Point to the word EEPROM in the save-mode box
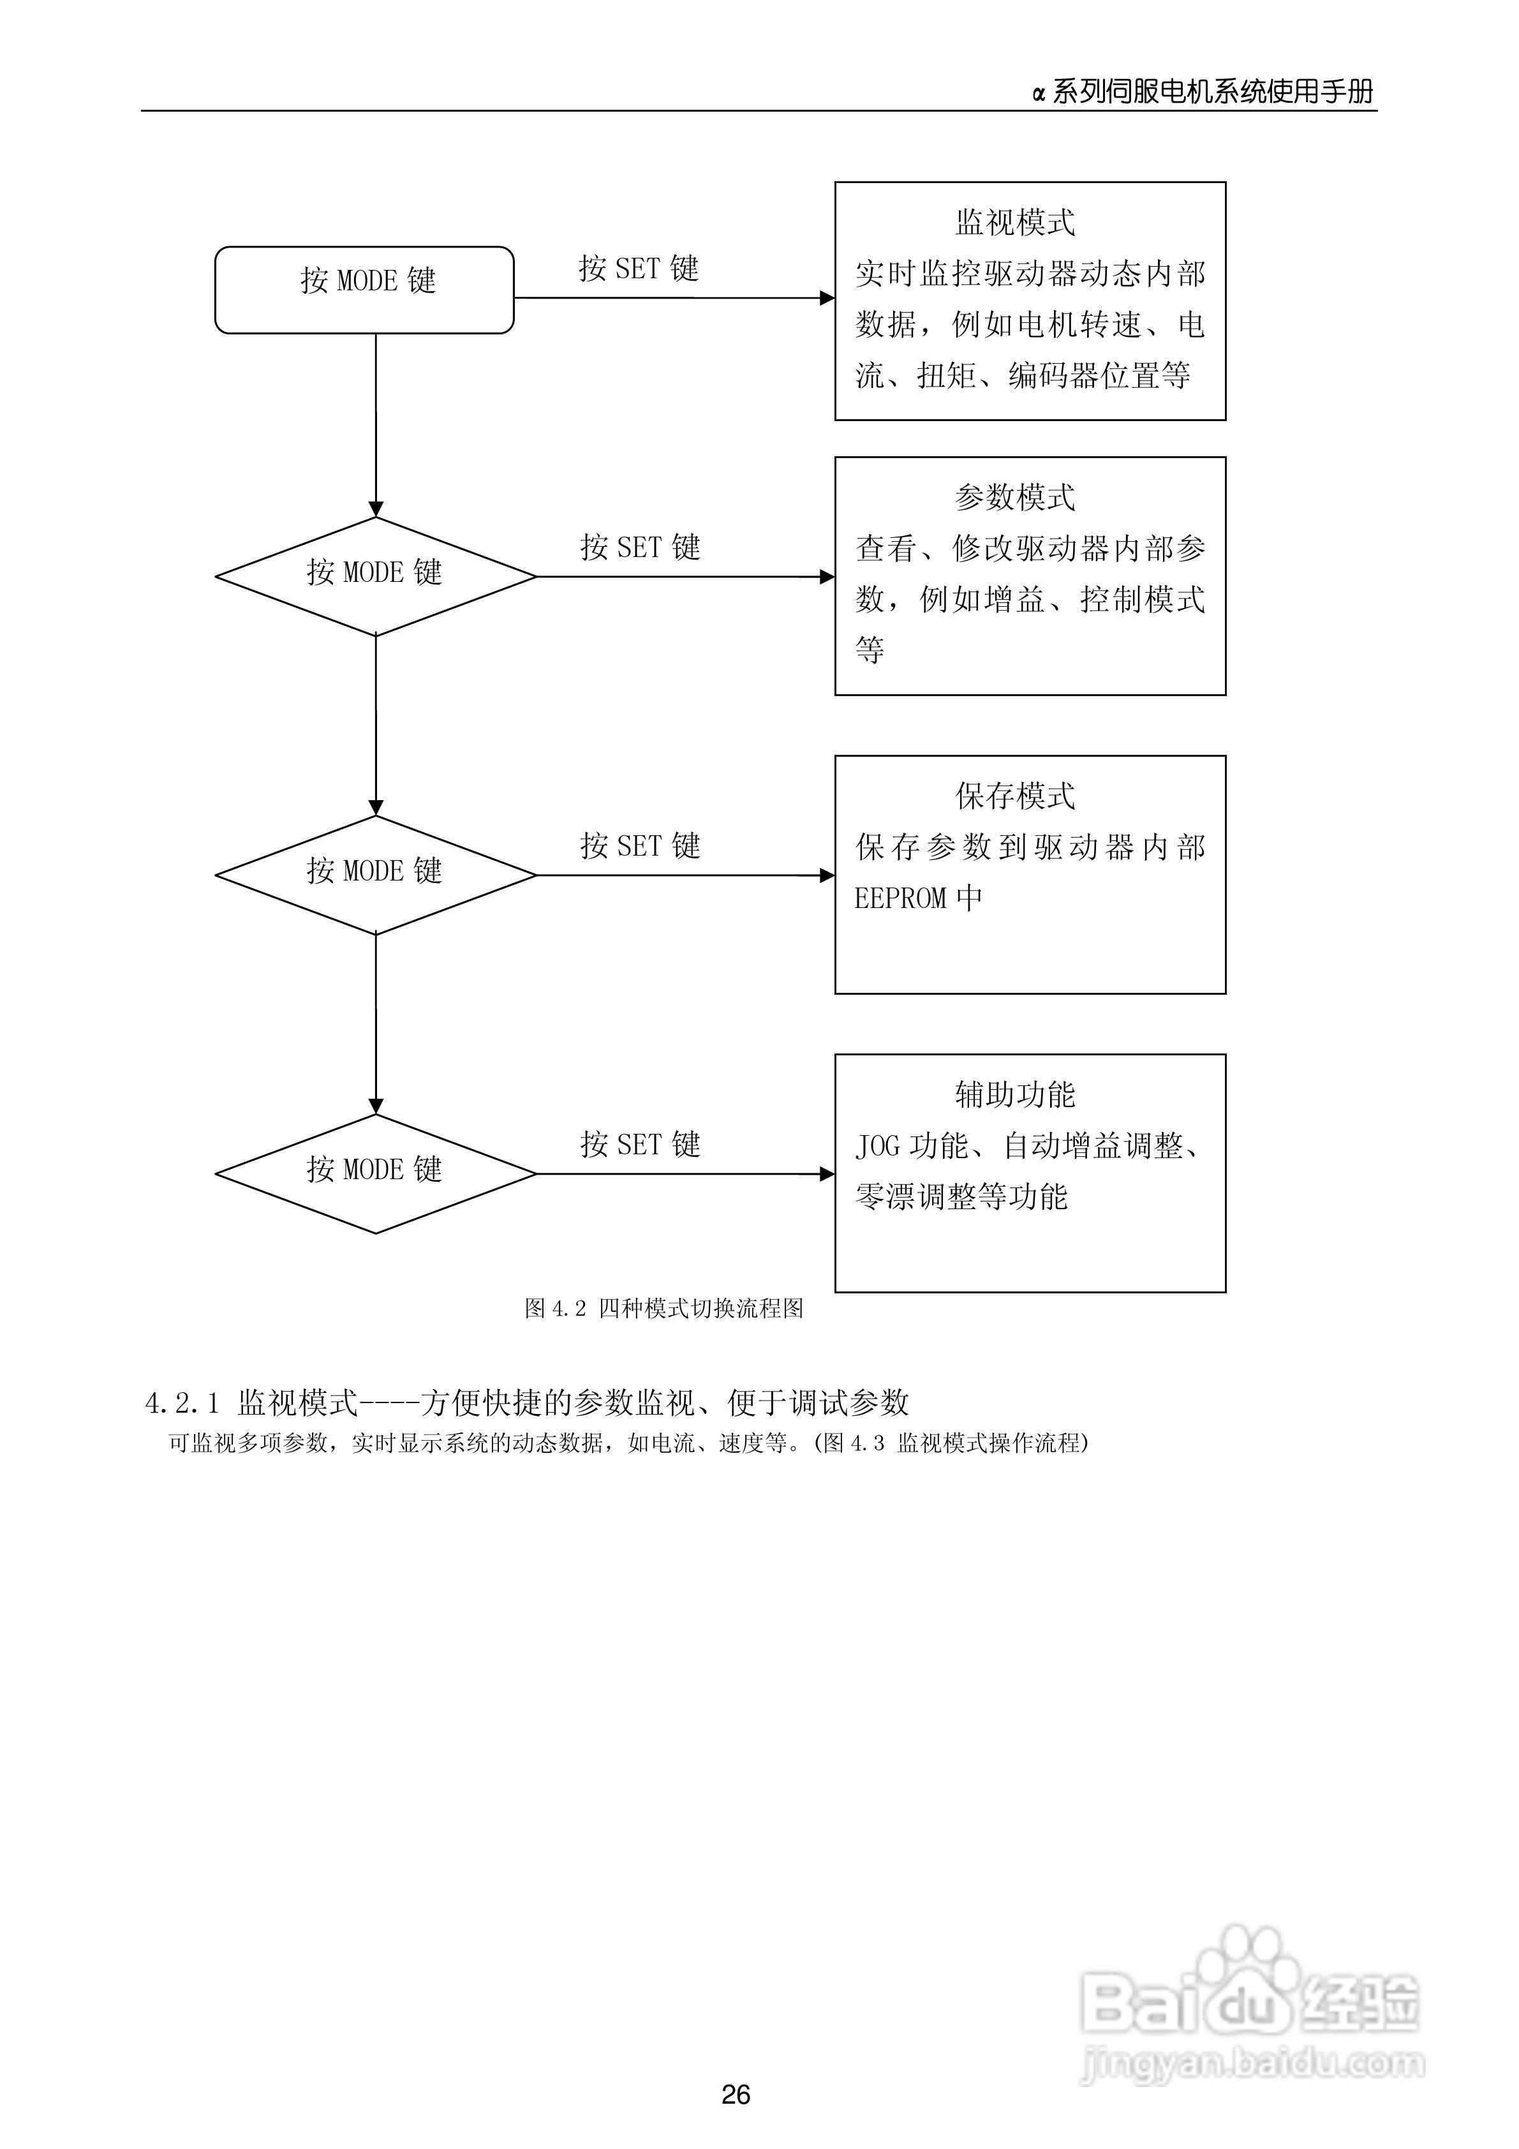900,898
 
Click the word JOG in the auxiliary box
877,1145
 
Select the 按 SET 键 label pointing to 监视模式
639,269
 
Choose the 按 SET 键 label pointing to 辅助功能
640,1144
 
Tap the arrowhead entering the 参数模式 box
827,577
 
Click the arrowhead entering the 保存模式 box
827,875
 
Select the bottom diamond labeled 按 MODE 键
375,1173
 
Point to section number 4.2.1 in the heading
182,1403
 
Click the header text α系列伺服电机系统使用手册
1204,92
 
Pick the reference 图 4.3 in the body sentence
852,1443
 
